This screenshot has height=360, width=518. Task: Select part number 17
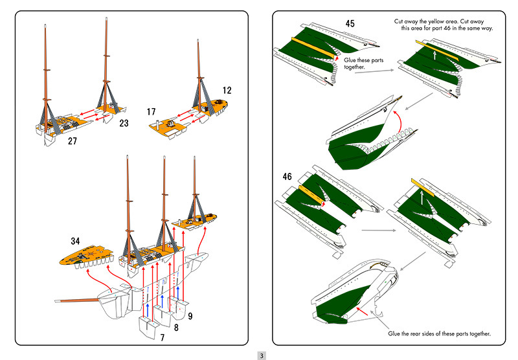point(152,111)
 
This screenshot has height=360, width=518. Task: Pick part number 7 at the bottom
point(162,337)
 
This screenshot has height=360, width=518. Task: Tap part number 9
point(190,318)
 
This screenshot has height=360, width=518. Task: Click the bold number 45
point(350,23)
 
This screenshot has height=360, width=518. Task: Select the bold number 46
point(289,176)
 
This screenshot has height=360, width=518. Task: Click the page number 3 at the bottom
point(261,355)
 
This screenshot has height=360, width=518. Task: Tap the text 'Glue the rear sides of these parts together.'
point(439,333)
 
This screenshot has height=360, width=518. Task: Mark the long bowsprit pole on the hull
point(76,302)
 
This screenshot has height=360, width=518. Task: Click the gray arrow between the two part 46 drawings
point(378,229)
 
